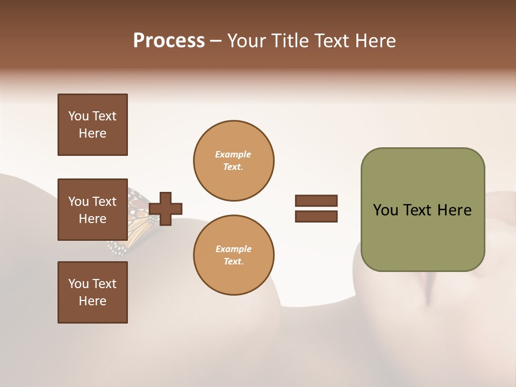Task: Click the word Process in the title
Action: pos(169,40)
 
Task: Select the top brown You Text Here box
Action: pos(92,125)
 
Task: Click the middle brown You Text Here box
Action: pos(92,210)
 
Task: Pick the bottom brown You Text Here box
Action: pos(92,292)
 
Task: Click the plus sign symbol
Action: pos(166,209)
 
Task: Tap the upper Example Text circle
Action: pos(233,160)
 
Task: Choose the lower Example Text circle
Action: pos(233,255)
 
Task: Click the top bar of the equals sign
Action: pos(316,201)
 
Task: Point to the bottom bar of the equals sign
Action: pos(316,216)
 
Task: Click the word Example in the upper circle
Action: pos(233,154)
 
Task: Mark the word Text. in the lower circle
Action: pos(233,261)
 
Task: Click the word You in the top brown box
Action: pos(78,116)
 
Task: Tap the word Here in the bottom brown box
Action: pos(92,301)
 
